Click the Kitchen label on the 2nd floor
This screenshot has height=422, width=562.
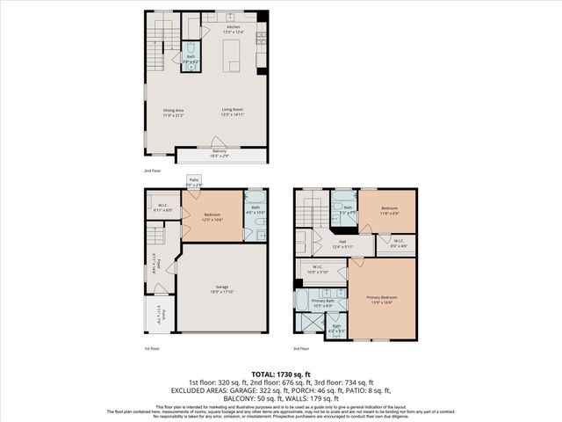tap(233, 28)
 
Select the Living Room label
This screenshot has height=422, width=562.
tap(232, 110)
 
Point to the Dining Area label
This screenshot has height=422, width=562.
tap(173, 110)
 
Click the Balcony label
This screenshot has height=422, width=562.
tap(219, 152)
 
